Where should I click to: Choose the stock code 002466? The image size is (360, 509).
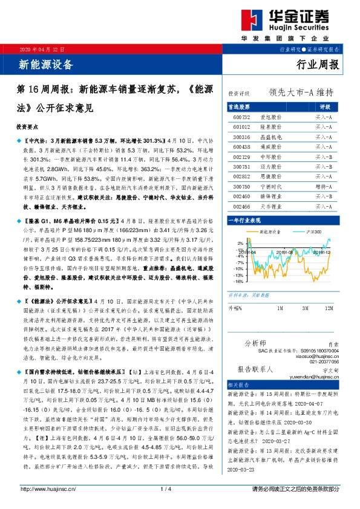tap(242, 207)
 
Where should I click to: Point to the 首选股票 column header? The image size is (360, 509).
tap(243, 106)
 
